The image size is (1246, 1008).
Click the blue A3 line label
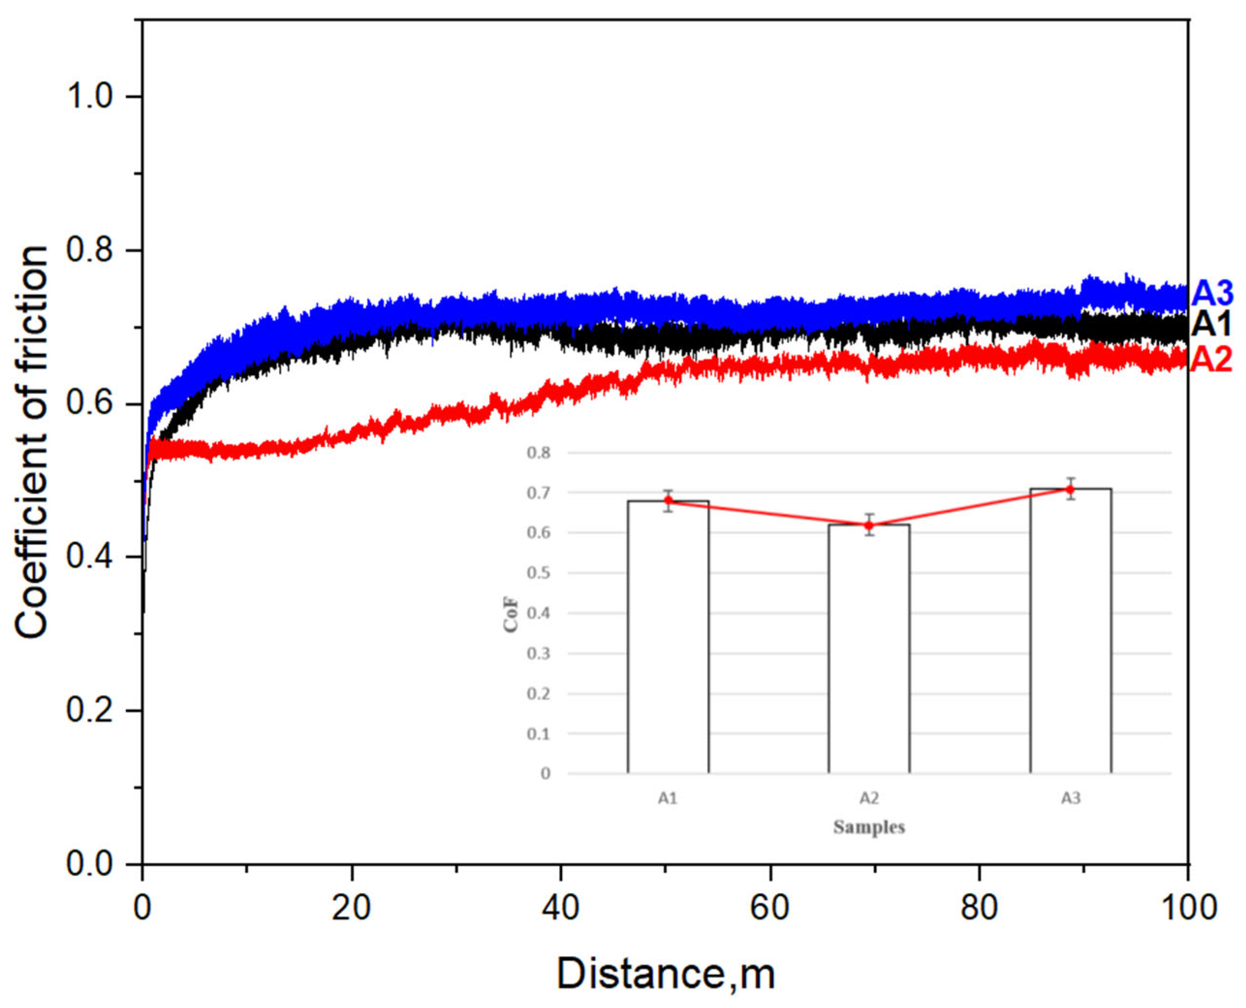(1212, 295)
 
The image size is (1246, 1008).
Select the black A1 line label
(1212, 325)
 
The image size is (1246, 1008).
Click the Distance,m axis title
(666, 974)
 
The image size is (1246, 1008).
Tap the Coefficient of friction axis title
(32, 442)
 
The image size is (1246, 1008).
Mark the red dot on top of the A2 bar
(869, 526)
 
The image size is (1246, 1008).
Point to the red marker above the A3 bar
(1071, 489)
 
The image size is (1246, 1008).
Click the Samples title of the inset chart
(869, 827)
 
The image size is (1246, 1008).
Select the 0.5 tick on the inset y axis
(538, 573)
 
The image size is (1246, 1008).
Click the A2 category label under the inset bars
(869, 799)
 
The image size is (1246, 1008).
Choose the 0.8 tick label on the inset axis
(538, 452)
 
